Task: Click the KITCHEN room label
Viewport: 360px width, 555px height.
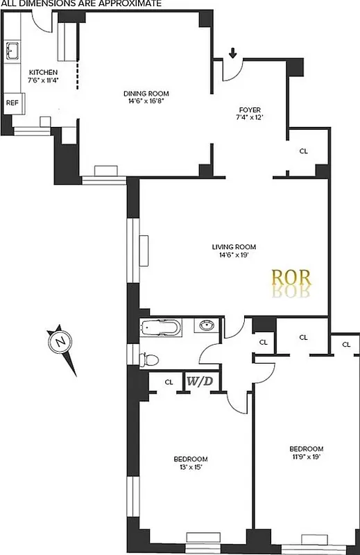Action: [x=42, y=72]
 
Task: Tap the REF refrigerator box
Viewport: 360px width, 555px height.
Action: [x=12, y=103]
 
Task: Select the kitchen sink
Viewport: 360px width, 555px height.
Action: [x=12, y=51]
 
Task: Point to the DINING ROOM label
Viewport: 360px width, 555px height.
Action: [x=146, y=94]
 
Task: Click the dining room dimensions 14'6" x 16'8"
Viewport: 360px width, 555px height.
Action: [x=146, y=101]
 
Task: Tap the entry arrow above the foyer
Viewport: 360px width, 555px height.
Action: [x=233, y=53]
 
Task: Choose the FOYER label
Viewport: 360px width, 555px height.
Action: [x=250, y=108]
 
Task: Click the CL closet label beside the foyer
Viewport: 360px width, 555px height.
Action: [x=304, y=151]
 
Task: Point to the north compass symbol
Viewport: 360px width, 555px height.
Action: [x=62, y=342]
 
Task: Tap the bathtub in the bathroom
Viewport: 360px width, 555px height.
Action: [x=161, y=327]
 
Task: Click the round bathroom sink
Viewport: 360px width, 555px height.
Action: [x=206, y=325]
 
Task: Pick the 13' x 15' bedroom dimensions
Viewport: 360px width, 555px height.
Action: [x=190, y=467]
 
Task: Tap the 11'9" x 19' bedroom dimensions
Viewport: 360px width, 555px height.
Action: [x=306, y=456]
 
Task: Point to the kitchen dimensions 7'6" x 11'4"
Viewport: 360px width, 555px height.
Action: [x=42, y=80]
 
